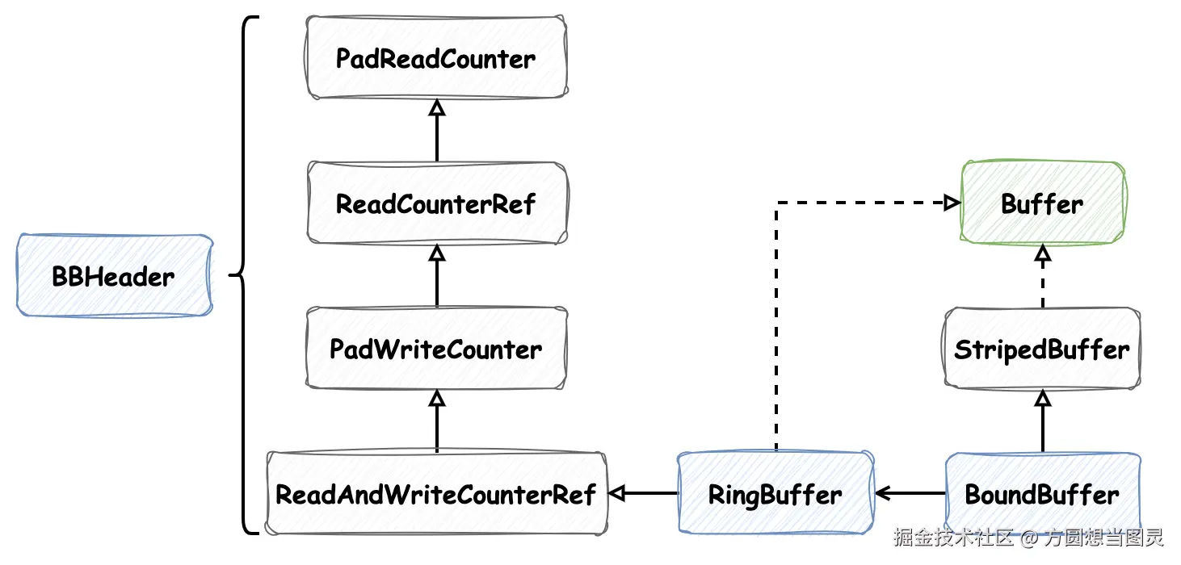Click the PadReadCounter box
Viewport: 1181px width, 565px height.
pyautogui.click(x=436, y=58)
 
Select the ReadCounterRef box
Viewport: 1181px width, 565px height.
pyautogui.click(x=436, y=203)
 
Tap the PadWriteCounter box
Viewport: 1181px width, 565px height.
pyautogui.click(x=436, y=349)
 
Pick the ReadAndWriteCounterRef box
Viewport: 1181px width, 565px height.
pyautogui.click(x=436, y=494)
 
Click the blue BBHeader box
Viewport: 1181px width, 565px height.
pyautogui.click(x=114, y=276)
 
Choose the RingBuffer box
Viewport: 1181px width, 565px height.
pyautogui.click(x=775, y=494)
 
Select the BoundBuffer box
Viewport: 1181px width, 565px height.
pyautogui.click(x=1042, y=494)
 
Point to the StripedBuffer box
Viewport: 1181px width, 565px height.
pyautogui.click(x=1042, y=349)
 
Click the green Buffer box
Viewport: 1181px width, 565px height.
pyautogui.click(x=1042, y=203)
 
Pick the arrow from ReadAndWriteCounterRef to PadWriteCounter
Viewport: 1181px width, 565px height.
pyautogui.click(x=437, y=421)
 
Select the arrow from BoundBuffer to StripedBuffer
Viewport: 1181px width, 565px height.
pyautogui.click(x=1043, y=421)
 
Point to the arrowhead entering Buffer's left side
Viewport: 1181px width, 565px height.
pyautogui.click(x=951, y=203)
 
